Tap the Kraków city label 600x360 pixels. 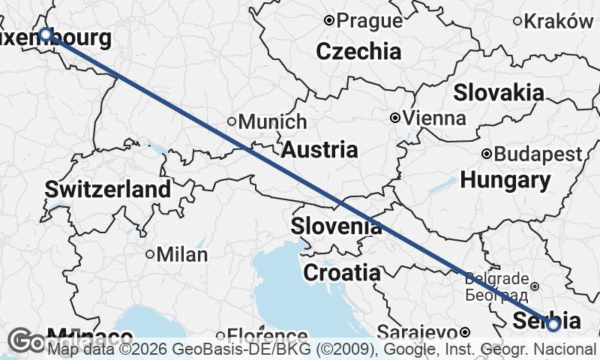point(558,21)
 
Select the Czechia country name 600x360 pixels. point(358,52)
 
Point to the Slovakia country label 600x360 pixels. point(499,93)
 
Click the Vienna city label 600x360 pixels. point(434,118)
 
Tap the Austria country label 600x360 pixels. point(319,149)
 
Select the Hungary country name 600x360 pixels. point(505,180)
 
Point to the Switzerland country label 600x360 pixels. point(108,189)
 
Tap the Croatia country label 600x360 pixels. point(341,273)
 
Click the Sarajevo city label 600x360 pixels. point(417,331)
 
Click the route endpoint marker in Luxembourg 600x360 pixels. point(46,34)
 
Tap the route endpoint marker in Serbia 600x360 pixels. point(553,325)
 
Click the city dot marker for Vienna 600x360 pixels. point(395,118)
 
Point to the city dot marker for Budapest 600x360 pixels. point(487,154)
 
